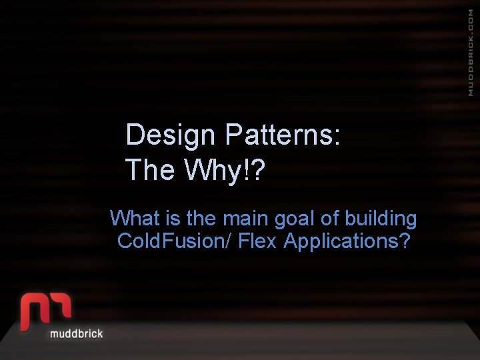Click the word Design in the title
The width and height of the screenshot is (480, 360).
[171, 135]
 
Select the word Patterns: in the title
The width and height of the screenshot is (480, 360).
[283, 135]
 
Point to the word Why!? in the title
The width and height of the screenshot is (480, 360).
[225, 170]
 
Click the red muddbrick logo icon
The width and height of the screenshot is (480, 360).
[46, 310]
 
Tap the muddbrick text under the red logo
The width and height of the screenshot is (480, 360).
[77, 333]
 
